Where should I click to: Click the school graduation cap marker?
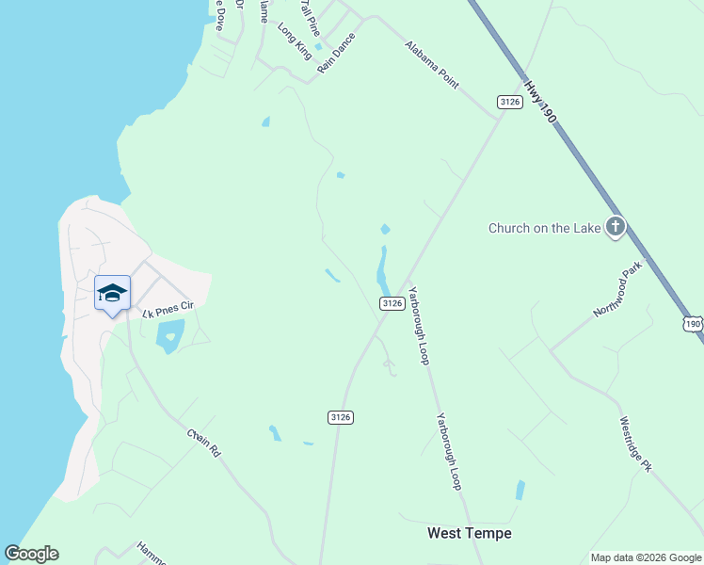tap(112, 293)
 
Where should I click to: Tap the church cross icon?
tap(616, 227)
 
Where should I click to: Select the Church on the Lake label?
tap(546, 228)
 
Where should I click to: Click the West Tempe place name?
tap(470, 533)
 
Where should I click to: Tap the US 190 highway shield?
tap(693, 323)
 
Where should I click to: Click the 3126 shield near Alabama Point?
tap(509, 102)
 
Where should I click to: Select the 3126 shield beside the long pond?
tap(392, 303)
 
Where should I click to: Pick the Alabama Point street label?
tap(432, 64)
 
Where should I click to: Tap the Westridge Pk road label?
tap(635, 444)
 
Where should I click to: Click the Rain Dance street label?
tap(337, 53)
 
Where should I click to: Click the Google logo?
tap(31, 554)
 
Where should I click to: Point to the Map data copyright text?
tap(646, 557)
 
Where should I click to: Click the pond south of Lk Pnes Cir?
tap(170, 335)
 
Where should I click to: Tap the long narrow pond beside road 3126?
tap(383, 269)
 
